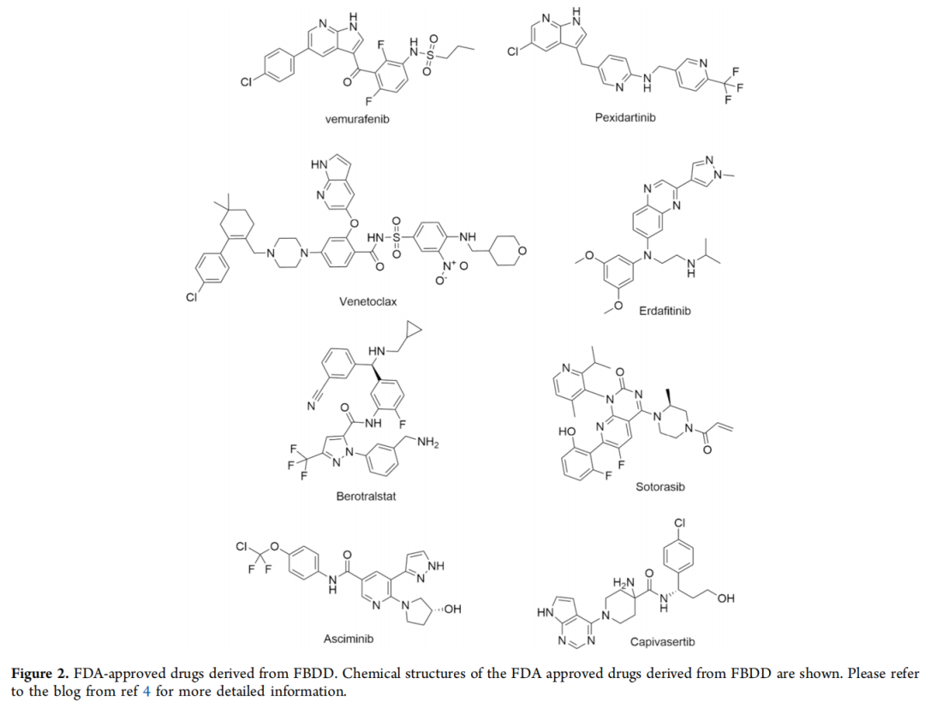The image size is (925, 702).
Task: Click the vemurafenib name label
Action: coord(357,119)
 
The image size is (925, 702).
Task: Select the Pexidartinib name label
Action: coord(625,116)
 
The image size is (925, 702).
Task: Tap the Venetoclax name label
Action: coord(367,301)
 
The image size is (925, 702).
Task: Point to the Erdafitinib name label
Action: coord(665,311)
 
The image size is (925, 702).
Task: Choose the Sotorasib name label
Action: coord(660,486)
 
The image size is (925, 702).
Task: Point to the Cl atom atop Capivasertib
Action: coord(680,523)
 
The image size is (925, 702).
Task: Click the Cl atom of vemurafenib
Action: coord(246,82)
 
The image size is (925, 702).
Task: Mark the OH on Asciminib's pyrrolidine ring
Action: coord(452,609)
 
